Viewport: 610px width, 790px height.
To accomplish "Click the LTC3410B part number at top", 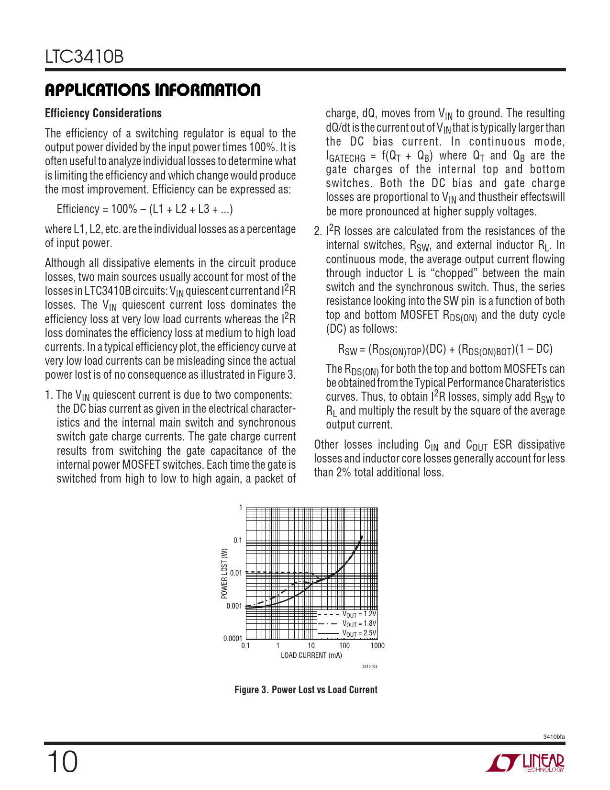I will [x=85, y=57].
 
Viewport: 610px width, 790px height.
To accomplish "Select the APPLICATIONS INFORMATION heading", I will [x=153, y=90].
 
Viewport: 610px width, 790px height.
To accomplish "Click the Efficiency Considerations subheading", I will [x=103, y=113].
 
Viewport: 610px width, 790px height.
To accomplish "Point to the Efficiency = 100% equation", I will [x=144, y=209].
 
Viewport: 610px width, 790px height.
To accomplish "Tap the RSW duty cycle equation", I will [x=445, y=350].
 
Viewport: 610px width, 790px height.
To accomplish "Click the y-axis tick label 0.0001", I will [x=233, y=638].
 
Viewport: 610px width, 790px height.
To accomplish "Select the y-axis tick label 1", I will [x=241, y=508].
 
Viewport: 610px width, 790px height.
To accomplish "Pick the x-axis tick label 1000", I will [x=377, y=646].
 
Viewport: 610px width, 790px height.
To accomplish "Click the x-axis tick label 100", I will [x=344, y=646].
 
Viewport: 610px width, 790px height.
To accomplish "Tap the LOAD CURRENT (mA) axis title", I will [x=311, y=655].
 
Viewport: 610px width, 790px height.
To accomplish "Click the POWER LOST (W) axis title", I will [x=224, y=573].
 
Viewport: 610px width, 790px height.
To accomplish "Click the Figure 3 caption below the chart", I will [x=306, y=690].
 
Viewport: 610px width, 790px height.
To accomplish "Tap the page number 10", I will [x=62, y=762].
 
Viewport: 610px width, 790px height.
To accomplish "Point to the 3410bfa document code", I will [x=554, y=736].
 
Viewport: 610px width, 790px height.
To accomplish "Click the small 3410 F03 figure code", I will [x=370, y=666].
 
